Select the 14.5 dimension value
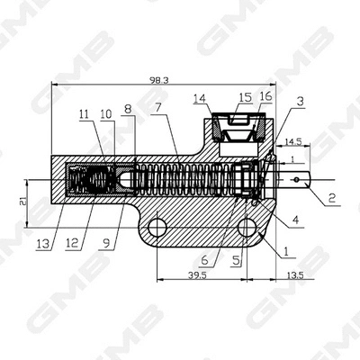[x=293, y=142]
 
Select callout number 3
[x=300, y=102]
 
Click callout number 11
[x=83, y=114]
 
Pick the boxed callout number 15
[x=245, y=95]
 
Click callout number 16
[x=265, y=95]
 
